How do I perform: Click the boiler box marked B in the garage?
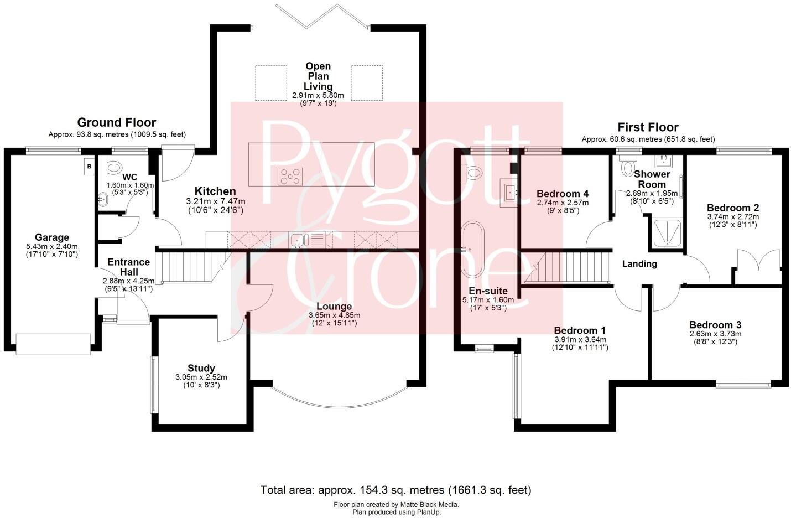click(x=88, y=166)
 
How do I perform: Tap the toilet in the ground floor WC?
click(x=115, y=167)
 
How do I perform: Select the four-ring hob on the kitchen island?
click(x=290, y=177)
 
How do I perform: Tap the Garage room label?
click(x=52, y=237)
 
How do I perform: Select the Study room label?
click(x=201, y=368)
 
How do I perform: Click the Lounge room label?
click(x=334, y=306)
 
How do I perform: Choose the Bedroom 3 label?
click(x=715, y=325)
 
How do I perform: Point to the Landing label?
click(x=639, y=263)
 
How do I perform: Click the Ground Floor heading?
click(x=116, y=122)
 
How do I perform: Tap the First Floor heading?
click(x=648, y=127)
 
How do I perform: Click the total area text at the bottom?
click(x=396, y=490)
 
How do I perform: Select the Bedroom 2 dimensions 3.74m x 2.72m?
click(x=732, y=216)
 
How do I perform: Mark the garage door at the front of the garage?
click(x=53, y=344)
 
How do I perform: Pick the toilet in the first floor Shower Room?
click(x=627, y=167)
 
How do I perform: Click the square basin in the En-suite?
click(x=509, y=191)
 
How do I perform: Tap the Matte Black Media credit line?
click(x=396, y=505)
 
